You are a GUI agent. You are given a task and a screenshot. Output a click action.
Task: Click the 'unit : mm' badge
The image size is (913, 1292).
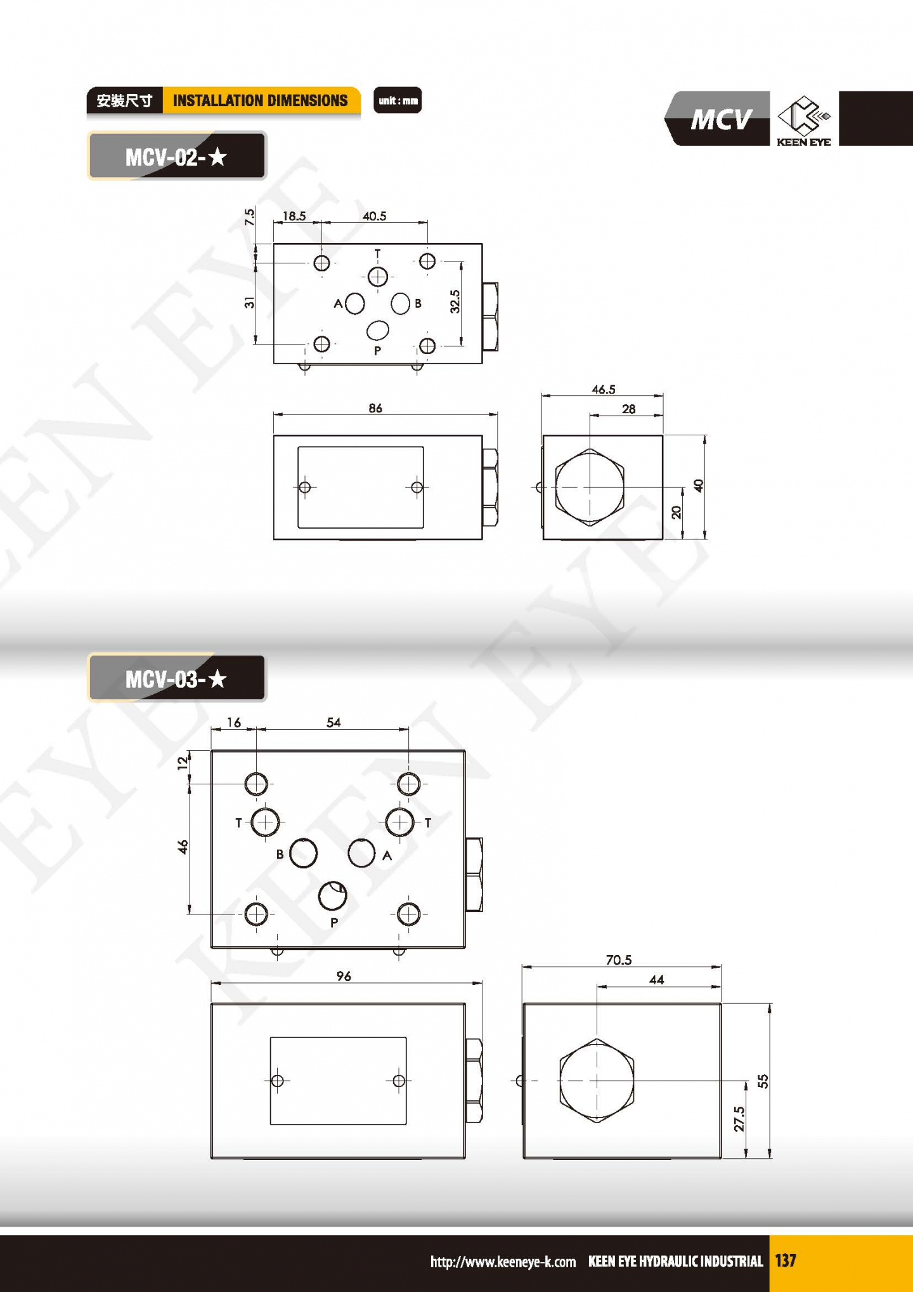(398, 100)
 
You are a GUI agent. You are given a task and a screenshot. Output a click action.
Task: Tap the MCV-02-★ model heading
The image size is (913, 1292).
(177, 156)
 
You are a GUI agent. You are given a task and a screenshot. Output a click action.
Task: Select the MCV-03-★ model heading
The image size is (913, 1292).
(177, 678)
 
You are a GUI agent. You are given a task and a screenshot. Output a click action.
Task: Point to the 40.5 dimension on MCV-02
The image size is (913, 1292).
(374, 216)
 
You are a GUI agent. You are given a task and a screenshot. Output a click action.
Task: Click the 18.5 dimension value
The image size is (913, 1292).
(294, 216)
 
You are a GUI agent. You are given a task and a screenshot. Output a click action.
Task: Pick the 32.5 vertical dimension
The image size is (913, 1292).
(455, 301)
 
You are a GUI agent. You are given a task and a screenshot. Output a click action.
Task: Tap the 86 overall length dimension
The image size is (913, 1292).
(375, 408)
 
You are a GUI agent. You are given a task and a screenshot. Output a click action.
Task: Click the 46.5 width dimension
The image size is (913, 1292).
(603, 389)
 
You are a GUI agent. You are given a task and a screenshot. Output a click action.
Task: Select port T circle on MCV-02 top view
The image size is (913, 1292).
(378, 277)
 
